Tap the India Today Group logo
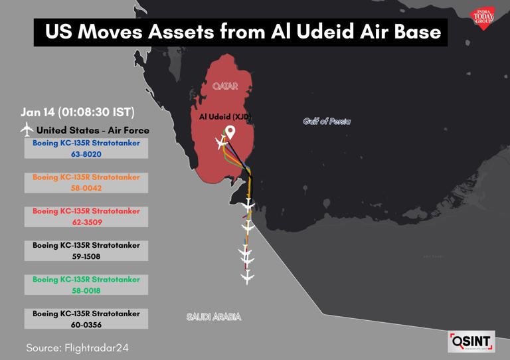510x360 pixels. (x=483, y=17)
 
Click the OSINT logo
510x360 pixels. (x=471, y=341)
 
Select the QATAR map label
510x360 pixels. (x=225, y=86)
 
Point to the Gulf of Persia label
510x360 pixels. (x=327, y=122)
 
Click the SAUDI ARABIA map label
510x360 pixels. (x=214, y=317)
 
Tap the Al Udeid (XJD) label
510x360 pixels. (x=225, y=116)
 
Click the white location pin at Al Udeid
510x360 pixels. (x=230, y=132)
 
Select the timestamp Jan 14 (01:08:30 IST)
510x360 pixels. (x=77, y=112)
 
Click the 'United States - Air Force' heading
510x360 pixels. (x=92, y=130)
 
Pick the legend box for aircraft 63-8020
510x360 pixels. (x=86, y=148)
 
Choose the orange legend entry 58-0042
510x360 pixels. (x=86, y=183)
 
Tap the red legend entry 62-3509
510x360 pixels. (x=86, y=217)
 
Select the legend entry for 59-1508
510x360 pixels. (x=86, y=250)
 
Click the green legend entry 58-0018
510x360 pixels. (x=86, y=285)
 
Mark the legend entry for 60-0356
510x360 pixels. (x=86, y=319)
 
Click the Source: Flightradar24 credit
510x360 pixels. (x=77, y=347)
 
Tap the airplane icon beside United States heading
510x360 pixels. (x=27, y=129)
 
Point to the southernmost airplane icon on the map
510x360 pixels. (x=248, y=276)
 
